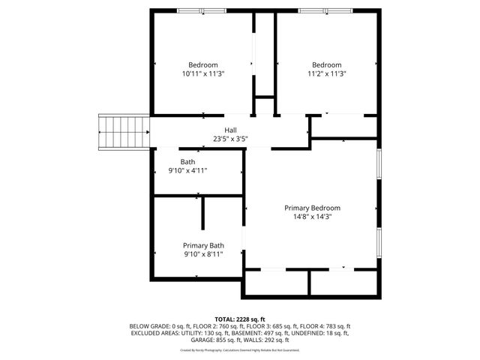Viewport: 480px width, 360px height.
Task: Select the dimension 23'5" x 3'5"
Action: [230, 139]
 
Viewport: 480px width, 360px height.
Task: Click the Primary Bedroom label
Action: [312, 208]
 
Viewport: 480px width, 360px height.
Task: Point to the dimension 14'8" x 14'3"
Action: [312, 217]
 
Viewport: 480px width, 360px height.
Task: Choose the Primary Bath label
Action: [203, 245]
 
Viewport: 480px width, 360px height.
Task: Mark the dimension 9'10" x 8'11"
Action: [203, 254]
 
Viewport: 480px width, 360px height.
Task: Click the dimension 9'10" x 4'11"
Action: [187, 171]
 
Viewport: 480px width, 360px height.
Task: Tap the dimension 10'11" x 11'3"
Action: [203, 73]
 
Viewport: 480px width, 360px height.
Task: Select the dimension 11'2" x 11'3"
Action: [326, 73]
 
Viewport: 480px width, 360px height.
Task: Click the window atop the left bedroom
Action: [201, 10]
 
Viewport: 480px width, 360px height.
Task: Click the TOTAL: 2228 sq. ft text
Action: [240, 319]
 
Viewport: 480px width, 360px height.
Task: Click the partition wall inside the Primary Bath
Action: [202, 214]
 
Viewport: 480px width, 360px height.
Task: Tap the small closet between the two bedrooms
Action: [264, 106]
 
